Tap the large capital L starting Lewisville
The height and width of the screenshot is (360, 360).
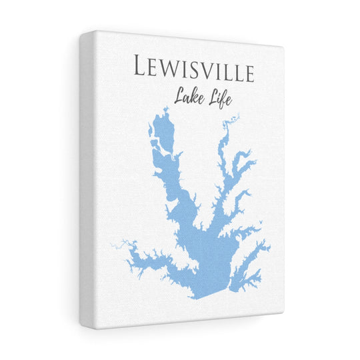point(141,67)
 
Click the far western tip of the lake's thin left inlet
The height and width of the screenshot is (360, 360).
point(113,245)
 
